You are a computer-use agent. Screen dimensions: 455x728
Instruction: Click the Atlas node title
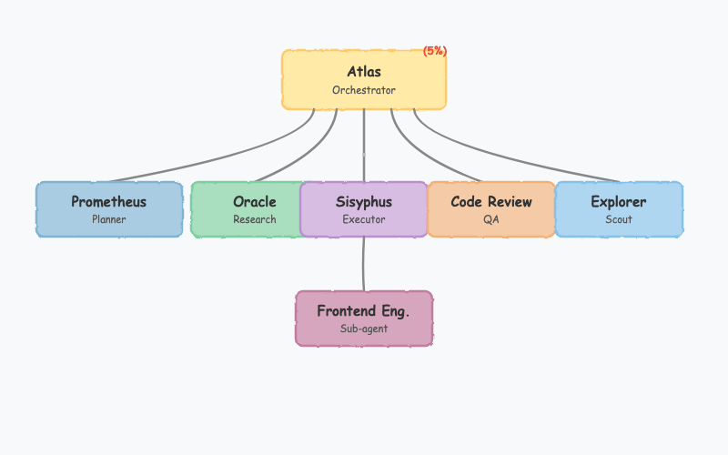(x=364, y=71)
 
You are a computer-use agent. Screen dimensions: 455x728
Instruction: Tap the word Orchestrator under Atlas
(x=364, y=90)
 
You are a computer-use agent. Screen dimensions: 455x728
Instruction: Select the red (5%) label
(x=435, y=51)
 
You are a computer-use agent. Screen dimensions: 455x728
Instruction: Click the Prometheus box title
(x=109, y=201)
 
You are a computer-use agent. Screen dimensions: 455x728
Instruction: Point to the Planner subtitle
(x=109, y=219)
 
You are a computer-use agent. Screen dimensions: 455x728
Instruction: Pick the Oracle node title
(x=255, y=201)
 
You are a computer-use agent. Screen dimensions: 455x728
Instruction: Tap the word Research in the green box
(x=255, y=219)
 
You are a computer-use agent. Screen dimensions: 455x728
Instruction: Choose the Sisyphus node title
(x=364, y=201)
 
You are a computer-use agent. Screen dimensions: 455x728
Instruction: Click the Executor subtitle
(x=364, y=219)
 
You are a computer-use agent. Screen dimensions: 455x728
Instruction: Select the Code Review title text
(x=491, y=201)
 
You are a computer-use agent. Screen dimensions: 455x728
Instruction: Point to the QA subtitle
(x=491, y=219)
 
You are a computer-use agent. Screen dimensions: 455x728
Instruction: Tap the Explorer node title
(x=619, y=201)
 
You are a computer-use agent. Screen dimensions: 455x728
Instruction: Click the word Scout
(x=619, y=219)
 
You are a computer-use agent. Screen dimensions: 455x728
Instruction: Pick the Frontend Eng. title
(x=364, y=311)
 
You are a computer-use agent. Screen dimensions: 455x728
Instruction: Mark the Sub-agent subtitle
(x=364, y=329)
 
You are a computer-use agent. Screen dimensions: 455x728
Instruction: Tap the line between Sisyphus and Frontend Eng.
(x=364, y=264)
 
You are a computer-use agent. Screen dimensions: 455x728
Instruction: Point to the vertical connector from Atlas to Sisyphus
(x=364, y=146)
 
